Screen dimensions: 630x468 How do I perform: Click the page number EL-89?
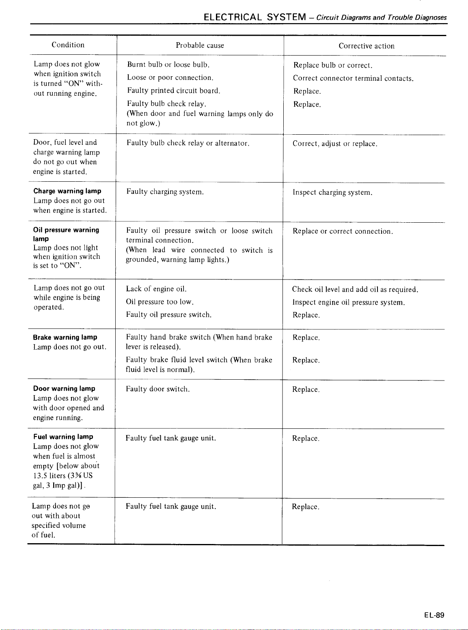coord(434,615)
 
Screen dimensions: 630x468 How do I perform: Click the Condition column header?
coord(68,45)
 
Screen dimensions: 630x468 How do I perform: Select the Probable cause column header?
coord(200,45)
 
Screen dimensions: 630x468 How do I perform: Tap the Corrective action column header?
coord(367,46)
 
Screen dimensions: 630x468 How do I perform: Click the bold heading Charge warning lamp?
coord(67,191)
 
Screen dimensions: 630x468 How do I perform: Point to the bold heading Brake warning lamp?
coord(65,338)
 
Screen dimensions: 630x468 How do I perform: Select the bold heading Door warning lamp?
coord(64,389)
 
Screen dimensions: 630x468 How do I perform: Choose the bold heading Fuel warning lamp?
coord(63,437)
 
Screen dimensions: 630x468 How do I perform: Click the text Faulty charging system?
coord(165,192)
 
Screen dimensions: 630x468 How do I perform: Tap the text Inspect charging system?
coord(332,193)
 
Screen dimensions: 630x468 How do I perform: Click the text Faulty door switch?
coord(157,389)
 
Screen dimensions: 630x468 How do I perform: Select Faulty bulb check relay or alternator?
coord(188,143)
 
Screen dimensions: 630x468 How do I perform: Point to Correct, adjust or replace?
coord(335,144)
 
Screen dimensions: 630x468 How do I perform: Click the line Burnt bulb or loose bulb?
coord(168,65)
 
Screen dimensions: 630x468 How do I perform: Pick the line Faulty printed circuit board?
coord(173,91)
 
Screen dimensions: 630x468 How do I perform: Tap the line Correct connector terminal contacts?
coord(353,78)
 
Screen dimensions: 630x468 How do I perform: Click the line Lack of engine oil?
coord(156,289)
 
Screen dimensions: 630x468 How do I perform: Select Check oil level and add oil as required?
coord(355,290)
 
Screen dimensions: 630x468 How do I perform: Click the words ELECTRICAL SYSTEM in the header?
coord(255,17)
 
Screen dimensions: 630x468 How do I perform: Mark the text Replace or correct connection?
coord(343,232)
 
